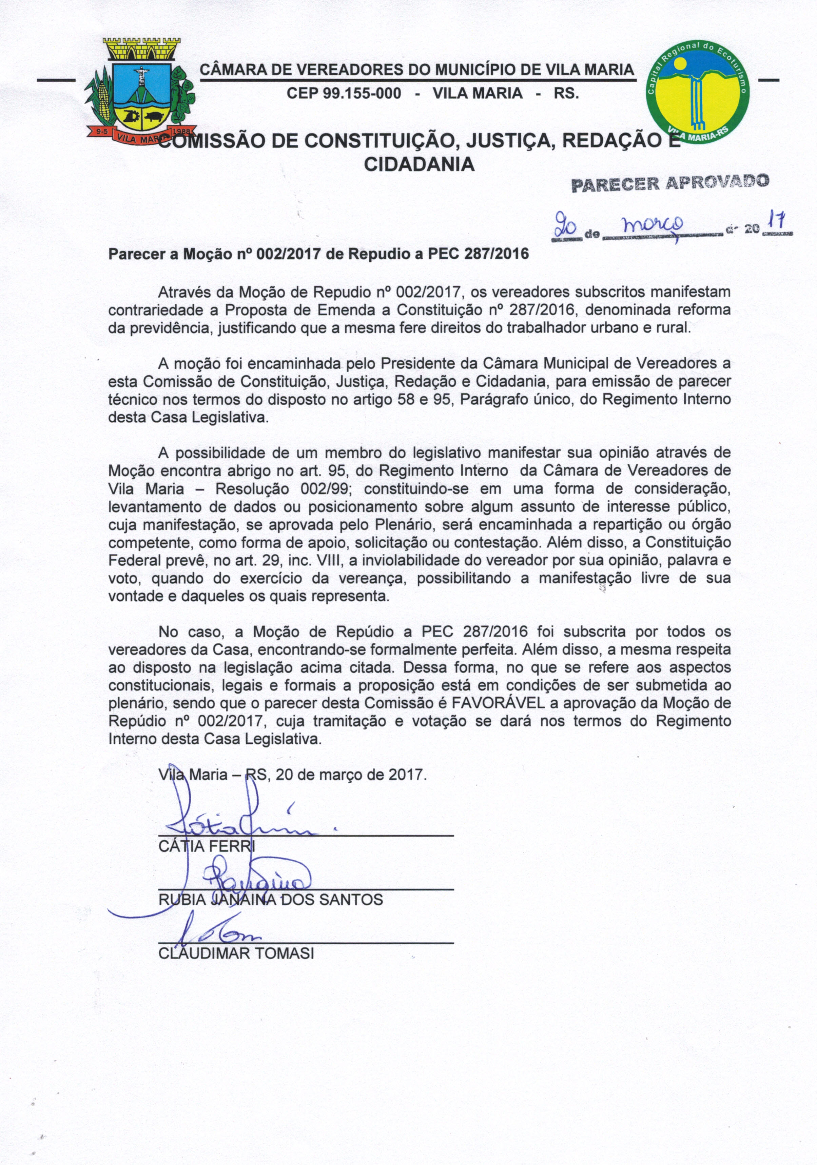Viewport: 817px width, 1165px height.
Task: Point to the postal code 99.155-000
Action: point(343,93)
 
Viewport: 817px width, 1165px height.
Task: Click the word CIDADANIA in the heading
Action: point(420,164)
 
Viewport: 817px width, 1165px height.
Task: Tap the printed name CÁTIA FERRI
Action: point(207,846)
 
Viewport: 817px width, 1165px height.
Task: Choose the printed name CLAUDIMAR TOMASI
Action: point(236,953)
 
